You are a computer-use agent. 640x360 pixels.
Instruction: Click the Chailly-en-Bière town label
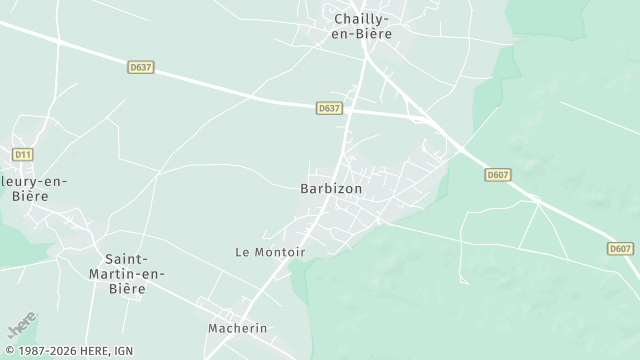(362, 25)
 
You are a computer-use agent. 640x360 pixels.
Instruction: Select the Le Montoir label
(270, 252)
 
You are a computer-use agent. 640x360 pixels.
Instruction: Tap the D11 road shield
(23, 154)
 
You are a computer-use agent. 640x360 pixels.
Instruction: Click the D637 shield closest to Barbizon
(329, 108)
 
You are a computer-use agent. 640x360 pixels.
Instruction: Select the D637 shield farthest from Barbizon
(141, 67)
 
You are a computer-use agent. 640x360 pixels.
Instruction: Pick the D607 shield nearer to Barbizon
(497, 174)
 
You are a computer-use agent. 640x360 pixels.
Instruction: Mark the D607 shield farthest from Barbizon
(620, 248)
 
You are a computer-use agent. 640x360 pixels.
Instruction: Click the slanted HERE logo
(22, 326)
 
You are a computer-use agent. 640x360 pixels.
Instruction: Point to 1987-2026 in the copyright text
(49, 350)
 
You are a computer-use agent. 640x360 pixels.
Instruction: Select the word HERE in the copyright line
(96, 350)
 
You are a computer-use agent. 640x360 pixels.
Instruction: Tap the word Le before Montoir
(243, 252)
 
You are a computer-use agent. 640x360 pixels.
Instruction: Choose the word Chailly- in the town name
(362, 18)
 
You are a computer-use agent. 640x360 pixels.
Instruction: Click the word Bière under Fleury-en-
(31, 196)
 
